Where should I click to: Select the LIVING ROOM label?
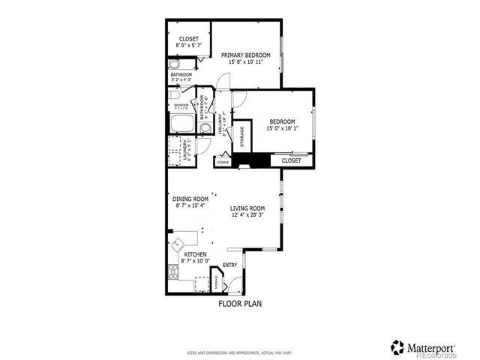click(x=247, y=208)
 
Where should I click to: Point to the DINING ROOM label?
click(x=190, y=199)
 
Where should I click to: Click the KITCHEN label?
click(x=195, y=254)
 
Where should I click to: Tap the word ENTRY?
click(x=230, y=264)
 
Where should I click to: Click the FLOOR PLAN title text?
click(x=240, y=304)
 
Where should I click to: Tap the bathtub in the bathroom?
click(x=182, y=124)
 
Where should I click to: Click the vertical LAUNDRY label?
click(x=184, y=150)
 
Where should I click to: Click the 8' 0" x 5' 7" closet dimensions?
click(x=188, y=45)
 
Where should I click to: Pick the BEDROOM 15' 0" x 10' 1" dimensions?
click(x=282, y=128)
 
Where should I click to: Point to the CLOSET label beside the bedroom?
click(x=291, y=160)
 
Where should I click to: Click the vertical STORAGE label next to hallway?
click(x=241, y=137)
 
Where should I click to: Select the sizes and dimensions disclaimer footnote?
click(x=239, y=352)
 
